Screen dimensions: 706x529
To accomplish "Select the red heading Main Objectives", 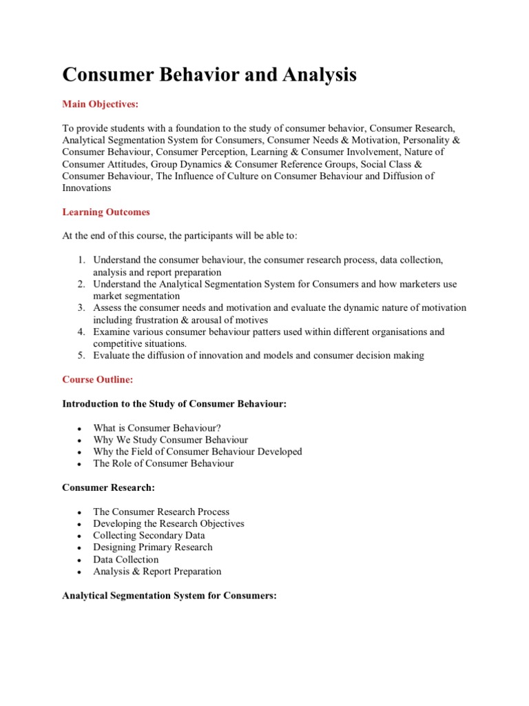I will click(100, 104).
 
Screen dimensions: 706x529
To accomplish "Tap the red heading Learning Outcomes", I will click(105, 212).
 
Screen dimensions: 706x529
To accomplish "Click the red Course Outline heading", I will click(98, 379).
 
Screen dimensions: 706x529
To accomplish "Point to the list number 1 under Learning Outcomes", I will click(81, 260).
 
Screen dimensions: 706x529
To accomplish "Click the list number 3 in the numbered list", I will click(81, 307).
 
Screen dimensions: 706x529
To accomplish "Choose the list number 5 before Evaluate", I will click(81, 355).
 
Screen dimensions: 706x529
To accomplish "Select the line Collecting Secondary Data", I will click(149, 535).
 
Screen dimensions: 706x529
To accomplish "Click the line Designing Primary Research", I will click(153, 547).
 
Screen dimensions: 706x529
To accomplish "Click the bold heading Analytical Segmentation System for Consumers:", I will click(169, 595).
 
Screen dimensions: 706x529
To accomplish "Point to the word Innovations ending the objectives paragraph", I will click(87, 188).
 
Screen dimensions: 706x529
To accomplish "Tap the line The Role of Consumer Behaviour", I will click(163, 463).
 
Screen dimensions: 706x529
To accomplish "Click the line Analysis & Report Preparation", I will click(157, 571).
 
